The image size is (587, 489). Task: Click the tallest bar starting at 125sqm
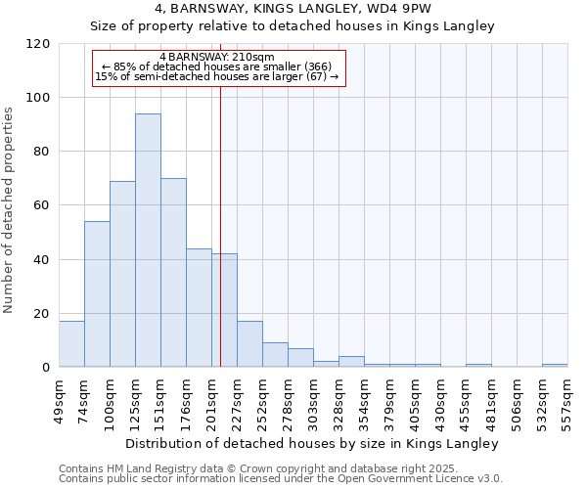pyautogui.click(x=148, y=241)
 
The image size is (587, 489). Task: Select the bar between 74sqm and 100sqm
pyautogui.click(x=97, y=294)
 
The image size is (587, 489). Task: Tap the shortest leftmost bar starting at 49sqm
pyautogui.click(x=71, y=344)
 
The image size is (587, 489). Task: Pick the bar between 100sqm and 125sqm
pyautogui.click(x=122, y=274)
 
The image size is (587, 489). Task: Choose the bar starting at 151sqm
pyautogui.click(x=173, y=273)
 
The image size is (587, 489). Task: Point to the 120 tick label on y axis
pyautogui.click(x=38, y=44)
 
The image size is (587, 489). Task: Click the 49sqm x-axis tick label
pyautogui.click(x=59, y=399)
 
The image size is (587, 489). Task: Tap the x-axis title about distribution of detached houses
pyautogui.click(x=312, y=443)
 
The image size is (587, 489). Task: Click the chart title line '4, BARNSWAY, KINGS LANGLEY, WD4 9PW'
pyautogui.click(x=293, y=9)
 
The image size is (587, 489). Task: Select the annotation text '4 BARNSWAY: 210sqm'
pyautogui.click(x=217, y=57)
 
